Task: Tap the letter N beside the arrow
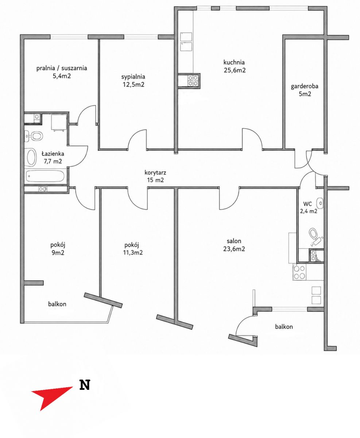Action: click(x=85, y=385)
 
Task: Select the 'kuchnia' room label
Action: click(x=234, y=62)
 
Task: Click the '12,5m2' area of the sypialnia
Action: click(x=133, y=85)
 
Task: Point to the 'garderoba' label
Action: click(x=305, y=86)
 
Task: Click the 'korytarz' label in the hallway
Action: click(x=155, y=172)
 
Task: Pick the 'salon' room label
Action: click(x=234, y=241)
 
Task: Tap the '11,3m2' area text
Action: click(x=133, y=253)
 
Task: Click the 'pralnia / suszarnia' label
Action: click(x=62, y=68)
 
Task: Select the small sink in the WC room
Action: click(x=320, y=203)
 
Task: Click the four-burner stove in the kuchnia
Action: click(x=193, y=81)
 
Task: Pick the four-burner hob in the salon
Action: click(x=299, y=272)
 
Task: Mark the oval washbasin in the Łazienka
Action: click(x=31, y=157)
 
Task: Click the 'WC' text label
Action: click(x=307, y=203)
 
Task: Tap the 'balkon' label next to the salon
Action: click(x=284, y=327)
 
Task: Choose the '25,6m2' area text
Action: click(x=235, y=70)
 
